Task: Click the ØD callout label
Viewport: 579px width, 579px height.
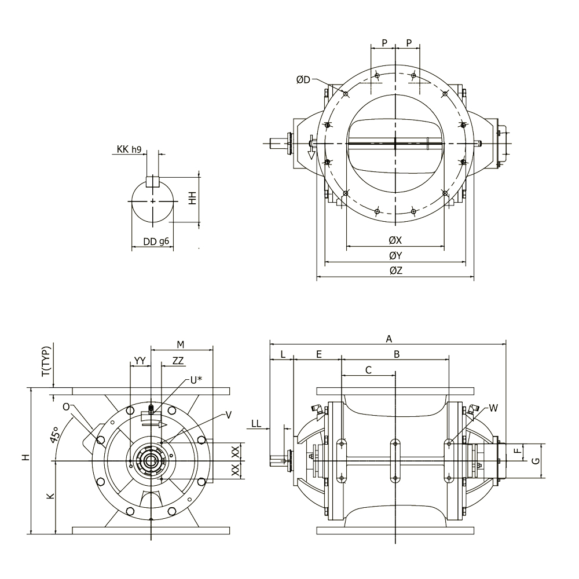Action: [x=303, y=80]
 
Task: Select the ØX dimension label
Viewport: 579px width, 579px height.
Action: [x=395, y=240]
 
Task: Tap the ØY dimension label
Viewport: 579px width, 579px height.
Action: [x=395, y=255]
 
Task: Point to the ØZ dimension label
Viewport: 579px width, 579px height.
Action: [x=395, y=270]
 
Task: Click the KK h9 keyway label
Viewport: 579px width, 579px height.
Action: [x=129, y=149]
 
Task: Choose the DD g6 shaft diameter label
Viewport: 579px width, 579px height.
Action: [x=156, y=241]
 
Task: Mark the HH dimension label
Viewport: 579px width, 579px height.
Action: [x=192, y=199]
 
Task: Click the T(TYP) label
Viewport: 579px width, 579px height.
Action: [x=46, y=361]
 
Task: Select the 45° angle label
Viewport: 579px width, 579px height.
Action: [x=53, y=435]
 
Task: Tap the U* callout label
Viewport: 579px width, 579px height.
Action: [x=196, y=380]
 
